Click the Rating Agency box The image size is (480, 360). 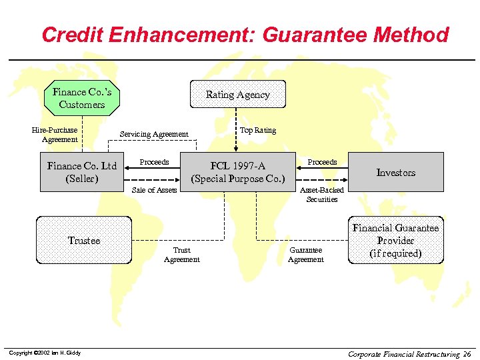tap(238, 95)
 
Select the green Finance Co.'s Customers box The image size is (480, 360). tap(81, 98)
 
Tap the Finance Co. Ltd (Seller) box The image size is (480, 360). tap(81, 172)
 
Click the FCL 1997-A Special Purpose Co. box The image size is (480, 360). tap(238, 172)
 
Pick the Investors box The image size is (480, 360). tap(395, 172)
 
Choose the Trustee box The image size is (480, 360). tap(84, 240)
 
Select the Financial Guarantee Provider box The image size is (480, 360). tap(395, 241)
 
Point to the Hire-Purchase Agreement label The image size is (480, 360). tap(59, 135)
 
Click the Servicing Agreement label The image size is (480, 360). tap(154, 134)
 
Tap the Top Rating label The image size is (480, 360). tap(258, 130)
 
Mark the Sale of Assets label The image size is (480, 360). tap(154, 190)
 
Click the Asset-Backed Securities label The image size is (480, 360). tap(322, 195)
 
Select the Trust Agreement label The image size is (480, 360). tap(181, 255)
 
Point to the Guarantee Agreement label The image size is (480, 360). tap(305, 255)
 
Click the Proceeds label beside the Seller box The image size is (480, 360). tap(154, 162)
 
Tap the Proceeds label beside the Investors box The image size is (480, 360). tap(322, 162)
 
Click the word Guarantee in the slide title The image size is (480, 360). tap(300, 35)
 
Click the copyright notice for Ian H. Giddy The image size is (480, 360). tap(45, 353)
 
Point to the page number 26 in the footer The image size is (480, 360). tap(467, 353)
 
